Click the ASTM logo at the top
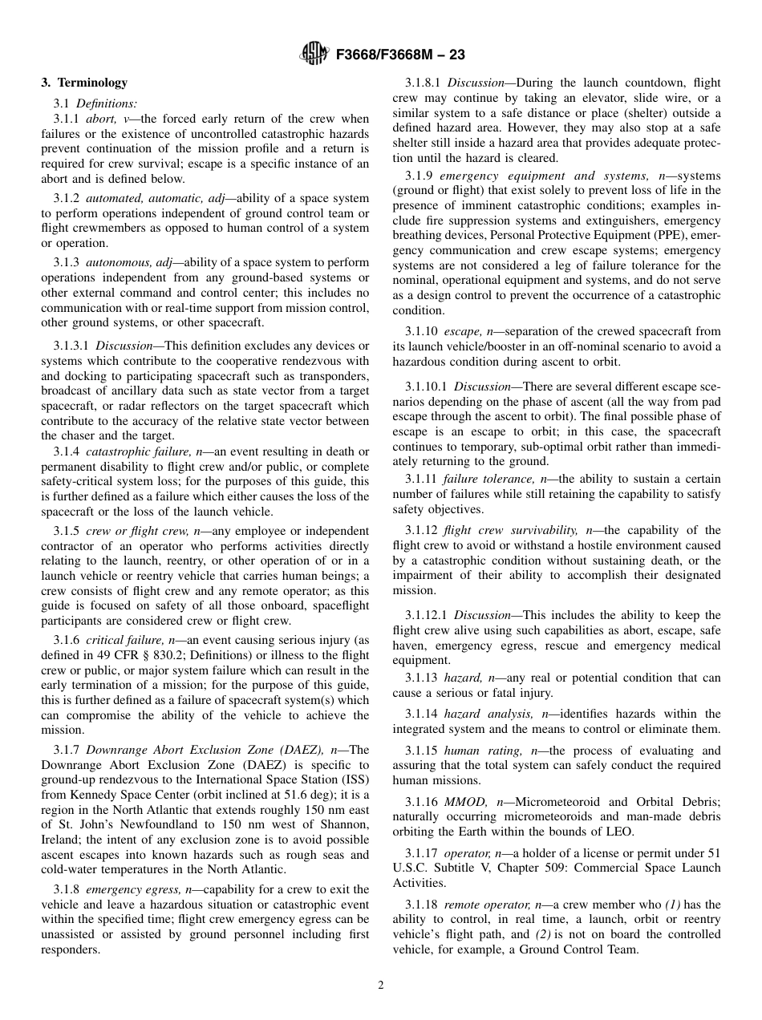coord(314,55)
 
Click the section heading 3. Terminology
coord(84,83)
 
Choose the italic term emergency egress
coord(134,889)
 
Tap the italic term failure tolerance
coord(484,479)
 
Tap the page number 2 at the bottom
coord(381,986)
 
